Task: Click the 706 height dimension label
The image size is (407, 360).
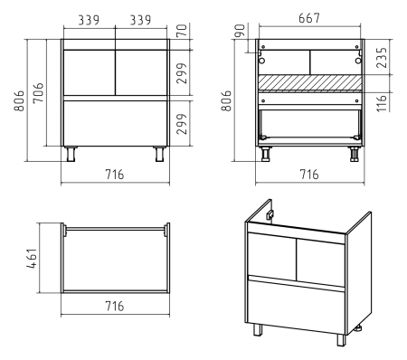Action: point(38,93)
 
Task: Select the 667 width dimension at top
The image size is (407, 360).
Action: point(309,18)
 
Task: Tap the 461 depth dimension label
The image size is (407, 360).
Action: point(32,259)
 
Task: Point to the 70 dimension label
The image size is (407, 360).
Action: point(182,31)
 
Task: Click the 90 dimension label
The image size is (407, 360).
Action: point(240,31)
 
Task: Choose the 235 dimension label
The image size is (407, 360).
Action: point(382,57)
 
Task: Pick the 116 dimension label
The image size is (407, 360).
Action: point(382,103)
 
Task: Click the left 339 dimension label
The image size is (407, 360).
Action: point(89,20)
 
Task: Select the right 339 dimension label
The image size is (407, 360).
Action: point(140,20)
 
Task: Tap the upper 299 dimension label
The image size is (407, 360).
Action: point(182,73)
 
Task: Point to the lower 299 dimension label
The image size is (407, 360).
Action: point(182,124)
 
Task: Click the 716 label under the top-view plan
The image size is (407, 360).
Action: point(115,306)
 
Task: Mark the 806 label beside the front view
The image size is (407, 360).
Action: point(19,100)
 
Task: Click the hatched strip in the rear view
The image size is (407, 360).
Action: point(310,83)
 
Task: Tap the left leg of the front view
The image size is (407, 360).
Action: point(71,154)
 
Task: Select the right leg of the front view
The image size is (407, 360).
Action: point(159,154)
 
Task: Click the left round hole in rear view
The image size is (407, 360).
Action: point(261,61)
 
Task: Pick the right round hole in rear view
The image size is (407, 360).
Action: point(358,61)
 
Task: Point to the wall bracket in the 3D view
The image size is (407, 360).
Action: point(270,215)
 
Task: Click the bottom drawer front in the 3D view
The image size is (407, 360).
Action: point(296,307)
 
